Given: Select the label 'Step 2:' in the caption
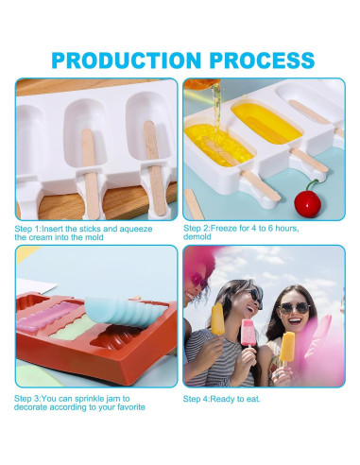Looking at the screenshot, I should point(200,229).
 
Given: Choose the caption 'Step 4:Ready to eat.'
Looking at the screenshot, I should point(221,398).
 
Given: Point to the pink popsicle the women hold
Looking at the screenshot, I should point(249,335).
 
